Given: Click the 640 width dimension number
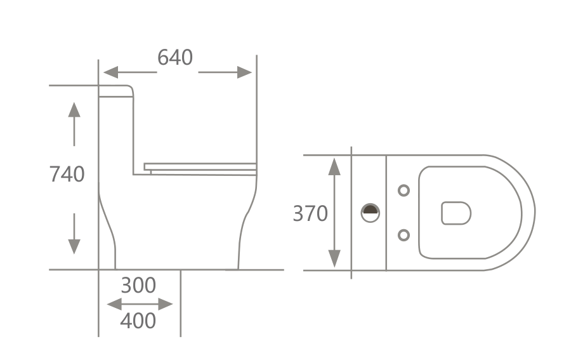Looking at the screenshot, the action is tap(175, 58).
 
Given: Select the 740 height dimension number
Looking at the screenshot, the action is tap(67, 175).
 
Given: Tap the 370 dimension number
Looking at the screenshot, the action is tap(310, 213).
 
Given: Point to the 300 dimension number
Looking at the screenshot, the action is tap(138, 286).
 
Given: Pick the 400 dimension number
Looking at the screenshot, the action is tap(138, 321).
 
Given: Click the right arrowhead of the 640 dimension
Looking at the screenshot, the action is tap(245, 72).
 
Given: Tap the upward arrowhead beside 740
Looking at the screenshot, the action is tap(74, 109).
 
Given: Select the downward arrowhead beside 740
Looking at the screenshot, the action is tap(74, 247).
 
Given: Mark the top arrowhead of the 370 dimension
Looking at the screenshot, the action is tap(334, 166).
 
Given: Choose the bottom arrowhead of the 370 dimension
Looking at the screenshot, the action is tap(334, 259).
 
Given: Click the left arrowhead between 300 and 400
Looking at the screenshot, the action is tap(114, 304).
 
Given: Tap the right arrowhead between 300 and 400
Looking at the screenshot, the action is tap(166, 304).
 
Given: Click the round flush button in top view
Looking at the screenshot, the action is tap(371, 213).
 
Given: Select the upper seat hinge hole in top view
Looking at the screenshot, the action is tap(404, 190).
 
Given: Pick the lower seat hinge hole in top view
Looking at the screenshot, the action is tap(404, 235).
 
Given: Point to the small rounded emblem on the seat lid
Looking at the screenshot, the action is tap(456, 213).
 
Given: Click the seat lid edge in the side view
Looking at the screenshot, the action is tap(200, 167).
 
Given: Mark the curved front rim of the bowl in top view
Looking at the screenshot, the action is tap(535, 213).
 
